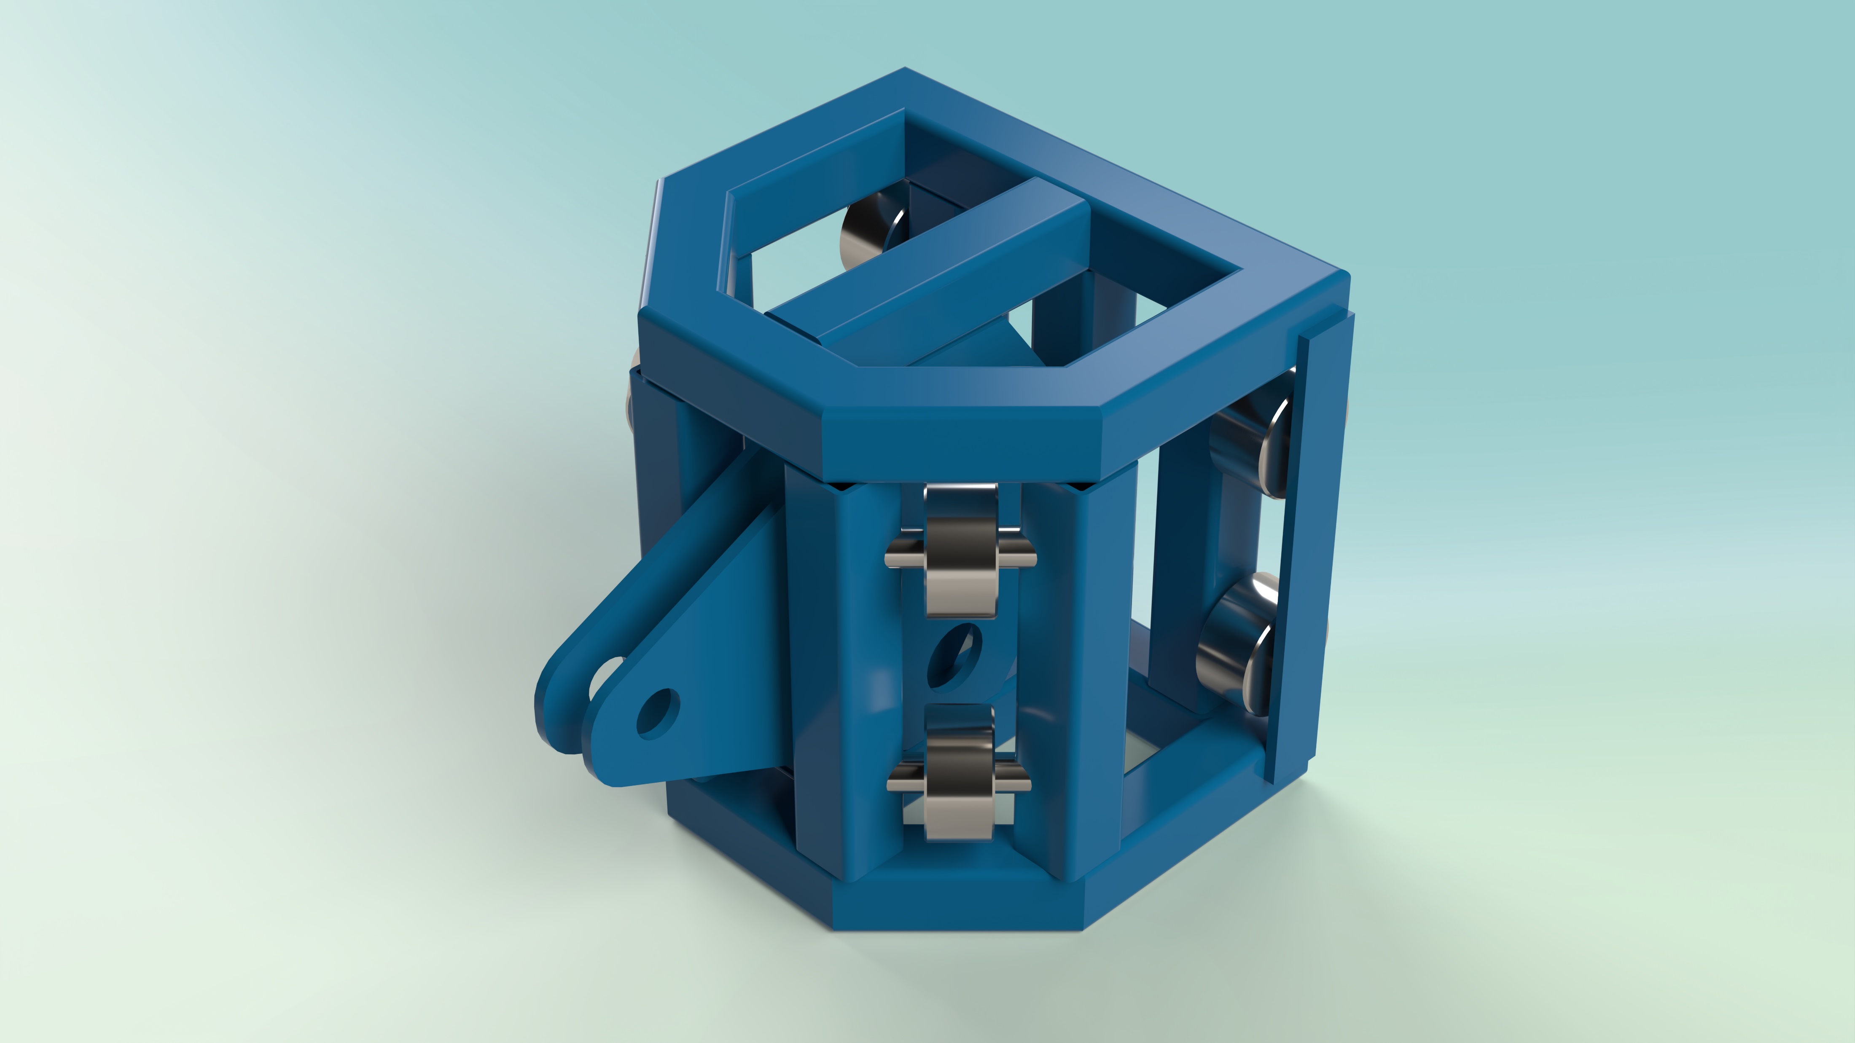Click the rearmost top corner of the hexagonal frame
tap(905, 72)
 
